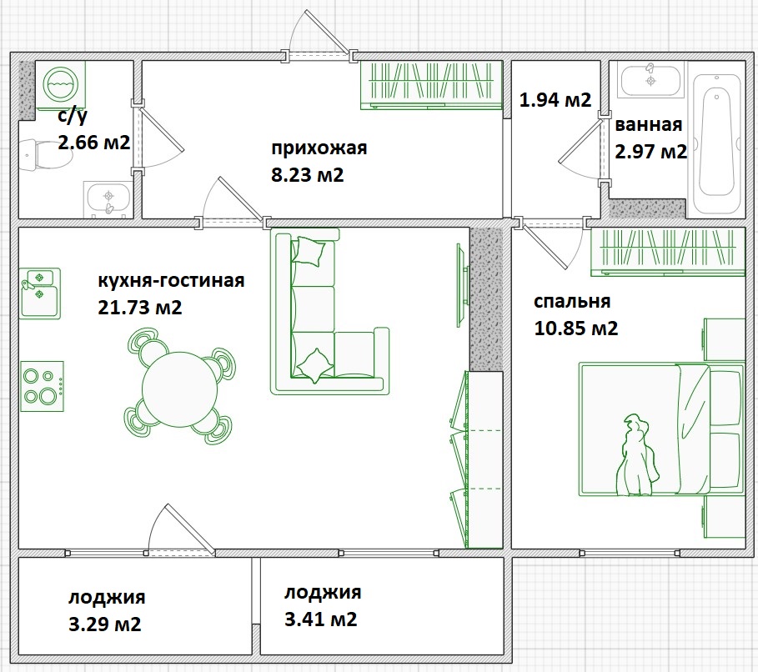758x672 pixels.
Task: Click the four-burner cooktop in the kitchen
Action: [x=42, y=386]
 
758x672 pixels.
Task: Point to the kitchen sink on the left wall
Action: [x=40, y=293]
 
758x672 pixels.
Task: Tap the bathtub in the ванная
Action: [x=716, y=143]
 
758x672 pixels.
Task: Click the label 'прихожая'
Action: [x=319, y=148]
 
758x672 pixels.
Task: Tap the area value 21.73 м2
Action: [x=140, y=308]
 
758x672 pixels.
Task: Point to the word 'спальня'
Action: [x=572, y=301]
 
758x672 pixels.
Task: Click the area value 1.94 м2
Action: [x=555, y=100]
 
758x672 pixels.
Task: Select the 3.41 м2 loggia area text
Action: [x=321, y=619]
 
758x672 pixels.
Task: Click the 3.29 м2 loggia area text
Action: [x=105, y=624]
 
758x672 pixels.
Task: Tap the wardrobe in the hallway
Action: [x=431, y=85]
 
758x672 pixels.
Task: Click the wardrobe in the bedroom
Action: [x=668, y=252]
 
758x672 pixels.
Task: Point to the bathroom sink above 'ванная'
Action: [x=650, y=79]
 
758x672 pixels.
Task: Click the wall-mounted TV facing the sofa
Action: [x=462, y=285]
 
